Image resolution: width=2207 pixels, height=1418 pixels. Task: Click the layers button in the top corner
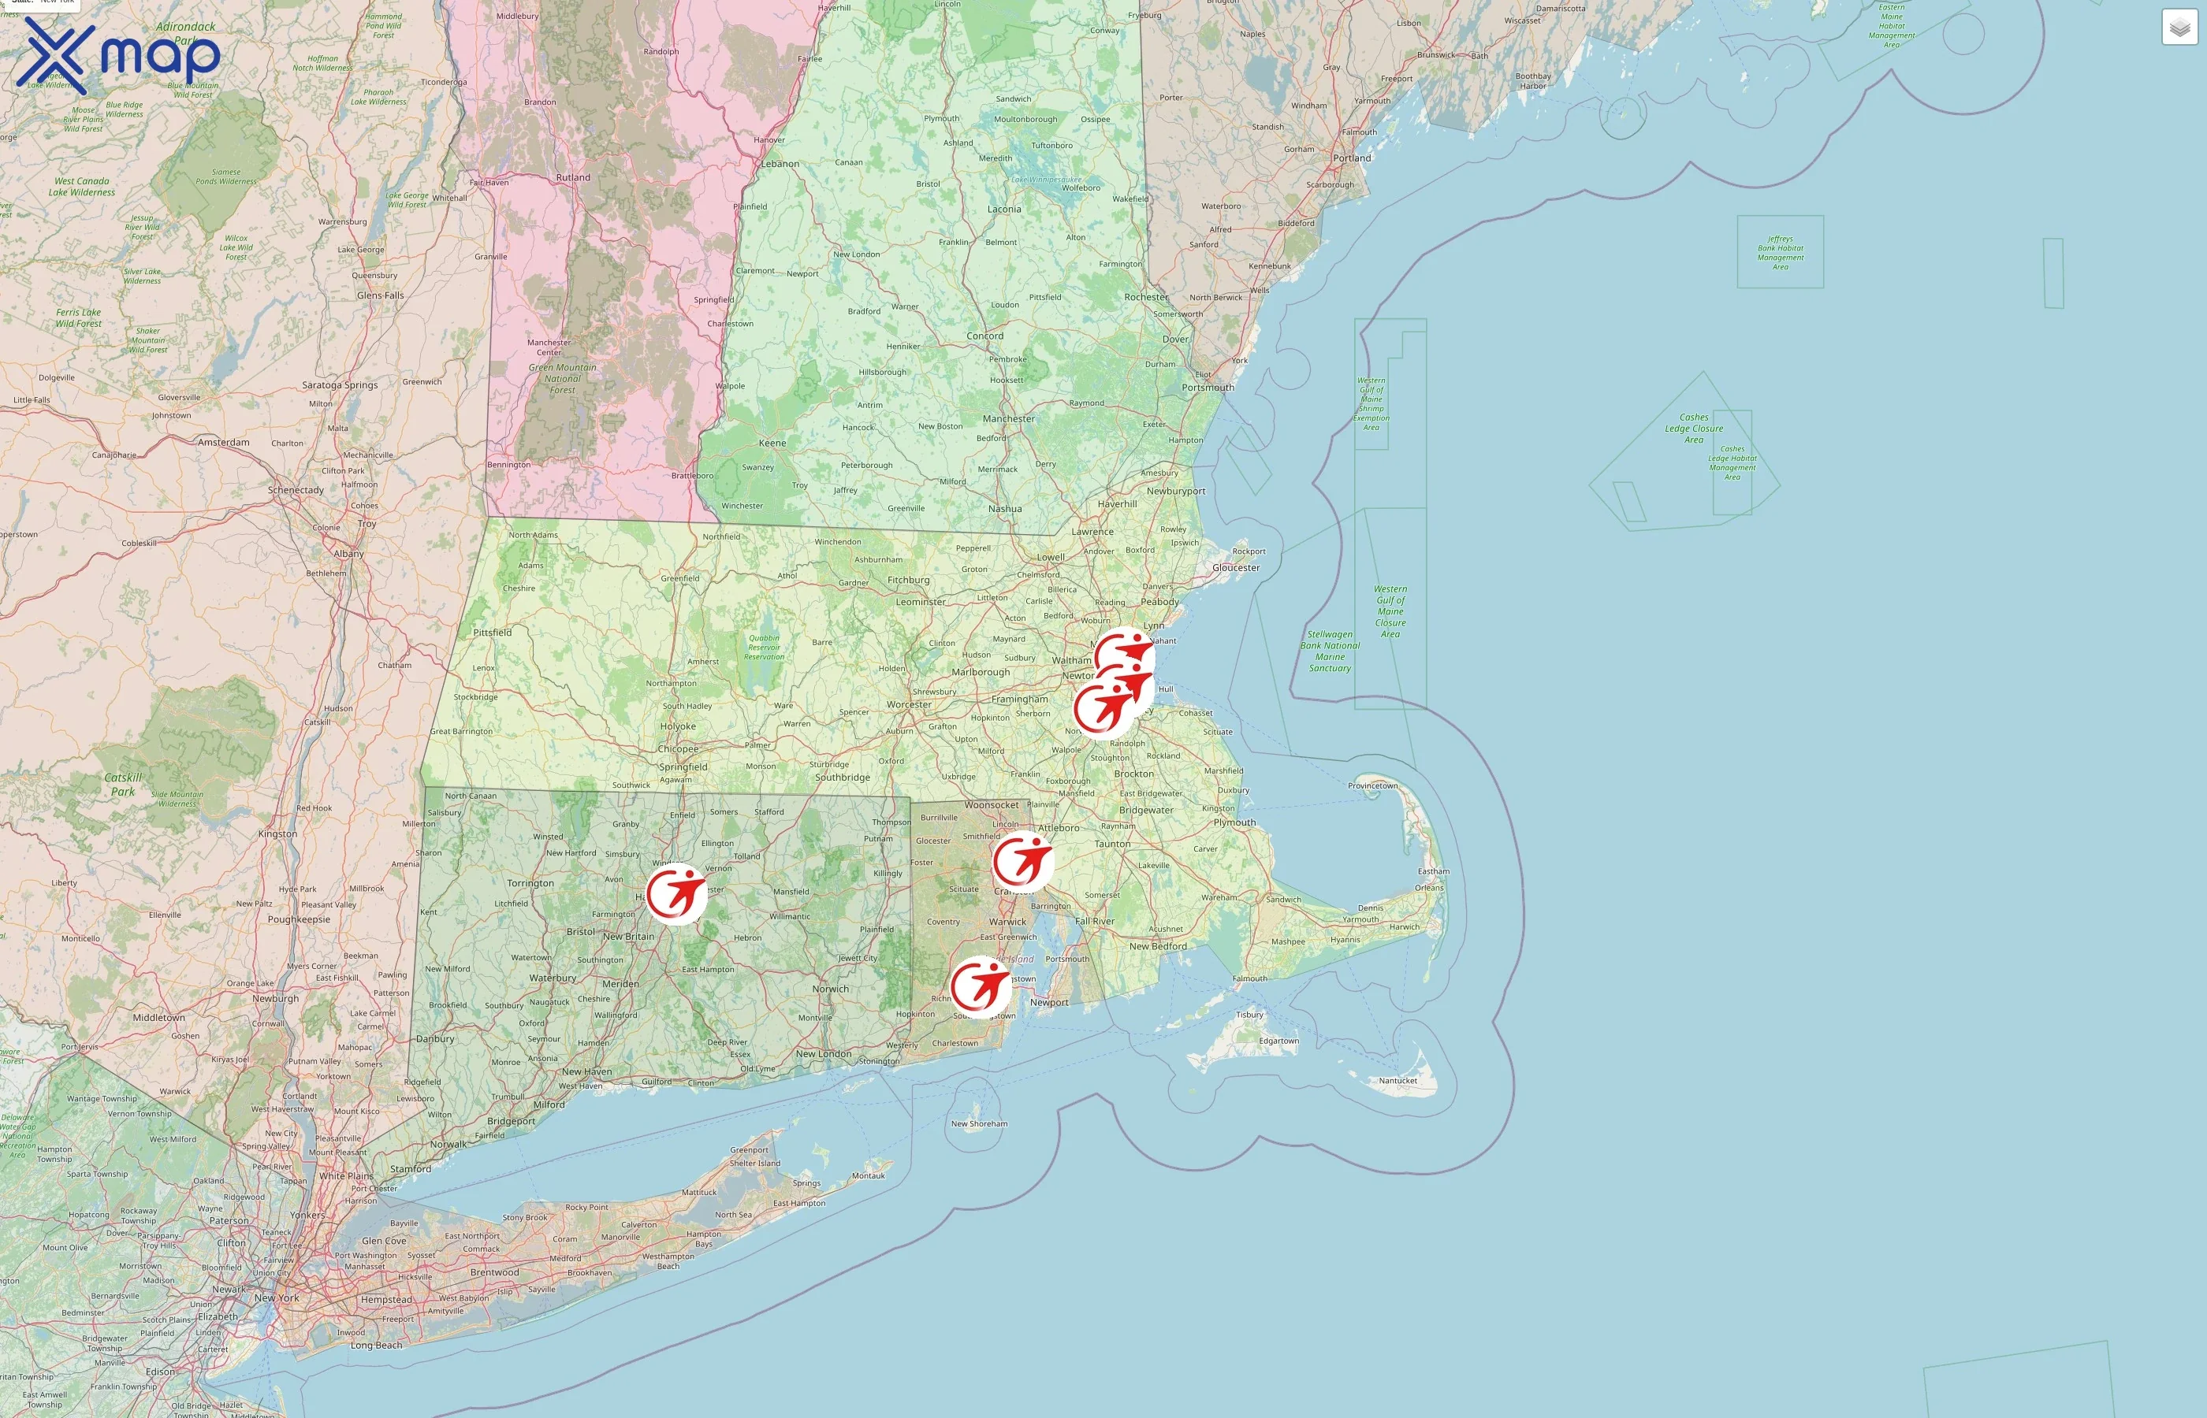coord(2179,28)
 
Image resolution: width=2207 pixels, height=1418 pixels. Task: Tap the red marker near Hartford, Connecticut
coord(675,893)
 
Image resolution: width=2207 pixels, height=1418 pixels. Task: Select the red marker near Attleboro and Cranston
coord(1022,861)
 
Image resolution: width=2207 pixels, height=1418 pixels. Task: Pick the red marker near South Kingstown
coord(980,987)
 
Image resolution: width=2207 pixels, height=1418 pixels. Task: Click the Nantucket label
coord(1398,1080)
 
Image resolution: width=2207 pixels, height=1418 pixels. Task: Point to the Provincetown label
coord(1372,785)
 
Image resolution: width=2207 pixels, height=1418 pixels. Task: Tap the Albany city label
coord(348,553)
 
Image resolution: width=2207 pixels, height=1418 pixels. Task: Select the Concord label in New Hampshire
coord(984,336)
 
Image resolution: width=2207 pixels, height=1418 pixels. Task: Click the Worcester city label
coord(909,704)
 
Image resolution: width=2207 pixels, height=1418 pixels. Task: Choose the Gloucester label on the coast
coord(1235,567)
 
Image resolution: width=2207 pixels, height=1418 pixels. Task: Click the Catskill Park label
coord(122,785)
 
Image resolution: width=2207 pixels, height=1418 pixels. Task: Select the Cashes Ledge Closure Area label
coord(1693,429)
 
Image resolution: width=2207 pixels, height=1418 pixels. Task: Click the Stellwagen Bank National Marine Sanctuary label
coord(1329,651)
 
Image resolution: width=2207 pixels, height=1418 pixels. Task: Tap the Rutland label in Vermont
coord(573,178)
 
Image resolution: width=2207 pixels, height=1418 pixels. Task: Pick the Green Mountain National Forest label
coord(562,378)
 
